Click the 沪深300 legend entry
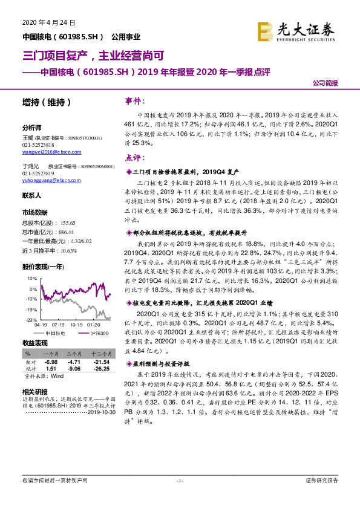(99, 332)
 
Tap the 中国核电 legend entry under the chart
(56, 332)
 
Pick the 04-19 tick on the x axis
(41, 325)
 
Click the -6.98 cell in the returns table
(50, 361)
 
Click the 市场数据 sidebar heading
(34, 213)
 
